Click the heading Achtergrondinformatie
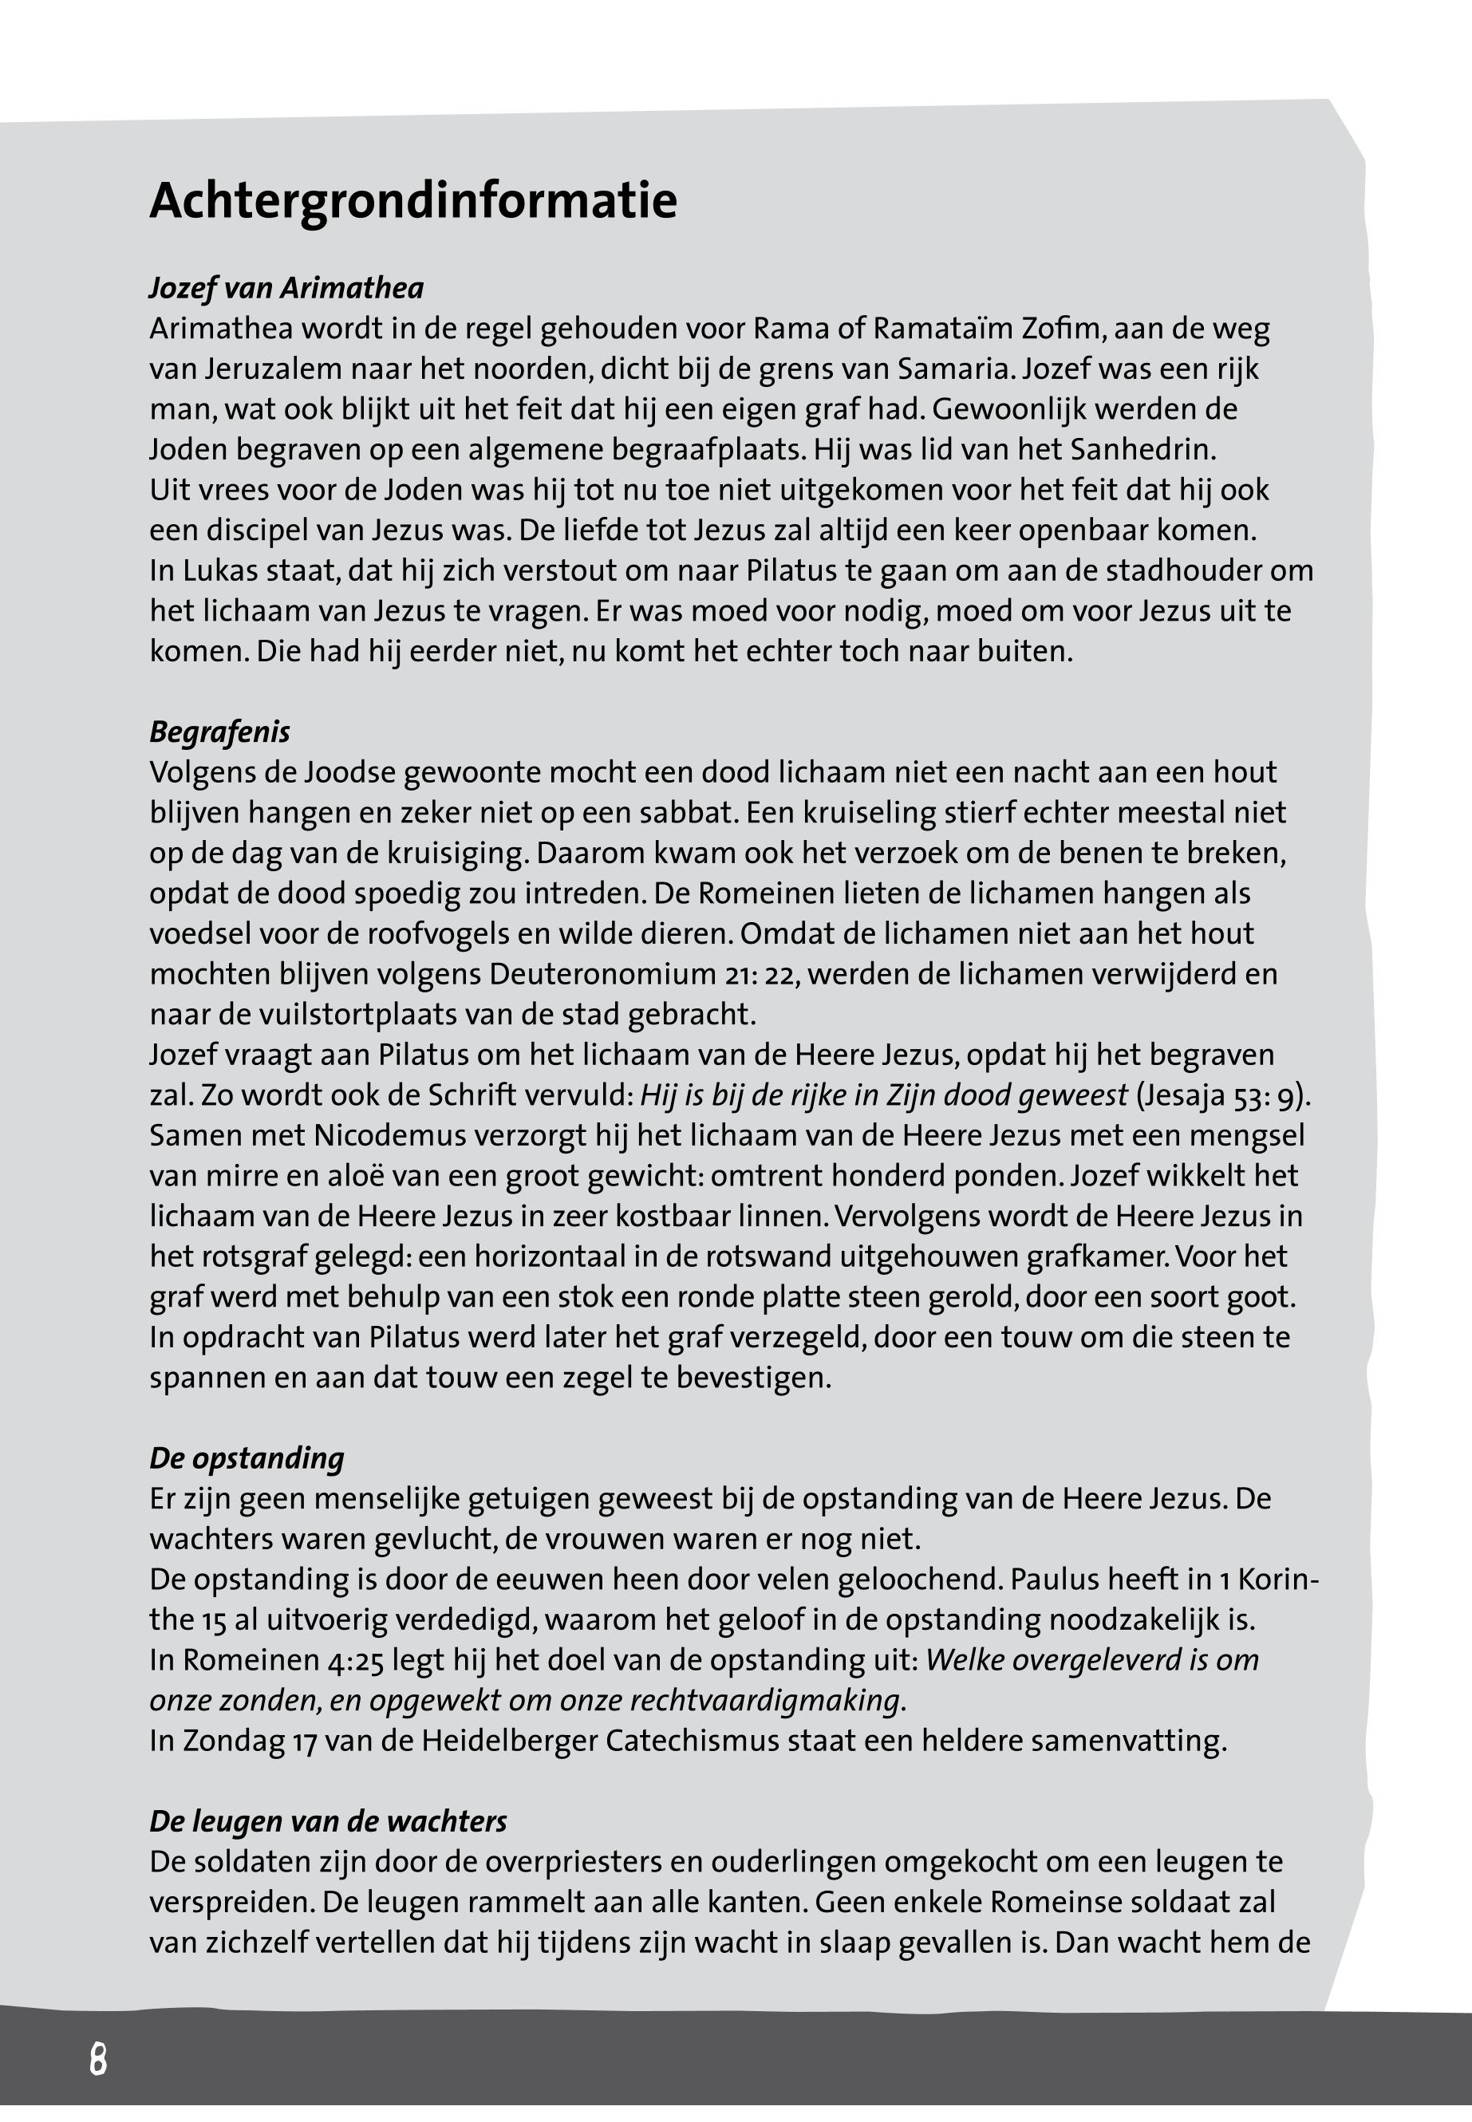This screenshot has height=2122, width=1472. point(413,200)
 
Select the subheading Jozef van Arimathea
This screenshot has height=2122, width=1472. point(286,289)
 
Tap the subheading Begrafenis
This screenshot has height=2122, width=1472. point(219,732)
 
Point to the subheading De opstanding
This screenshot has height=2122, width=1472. point(247,1458)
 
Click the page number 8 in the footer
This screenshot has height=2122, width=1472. point(98,2059)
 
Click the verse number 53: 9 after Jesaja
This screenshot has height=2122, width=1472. point(1270,1095)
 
